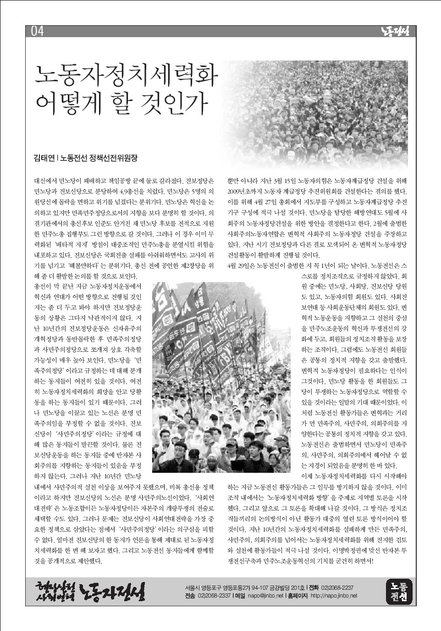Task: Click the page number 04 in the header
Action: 37,31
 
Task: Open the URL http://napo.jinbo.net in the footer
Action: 334,596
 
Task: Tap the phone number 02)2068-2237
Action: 337,587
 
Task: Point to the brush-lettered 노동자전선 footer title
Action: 112,592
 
